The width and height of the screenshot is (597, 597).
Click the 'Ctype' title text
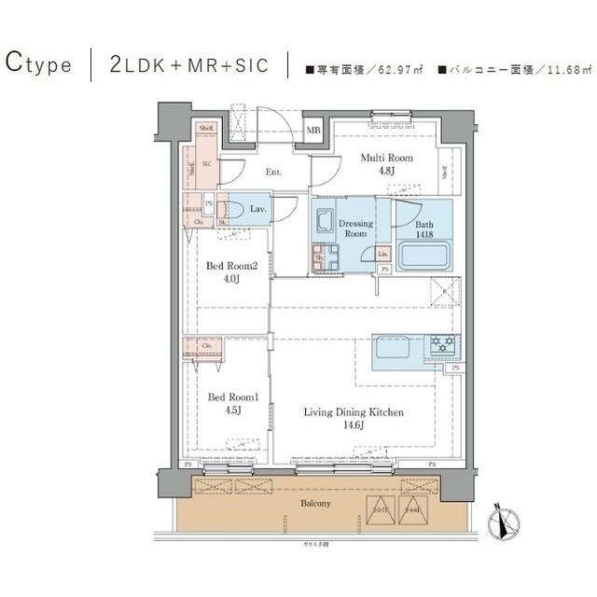(39, 64)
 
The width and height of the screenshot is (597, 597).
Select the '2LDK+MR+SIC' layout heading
(188, 65)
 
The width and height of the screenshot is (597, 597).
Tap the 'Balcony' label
(314, 503)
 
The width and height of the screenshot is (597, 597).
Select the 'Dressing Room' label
(355, 229)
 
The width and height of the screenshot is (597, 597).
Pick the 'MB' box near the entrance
(313, 131)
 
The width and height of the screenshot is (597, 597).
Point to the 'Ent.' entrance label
(273, 173)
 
